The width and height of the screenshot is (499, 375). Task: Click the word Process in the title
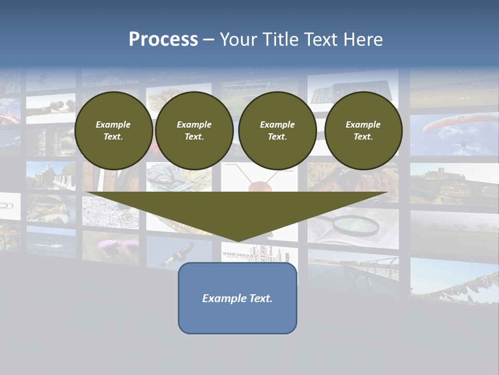[163, 40]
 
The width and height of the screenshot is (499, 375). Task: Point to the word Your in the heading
[237, 40]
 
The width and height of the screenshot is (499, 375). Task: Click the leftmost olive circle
[113, 131]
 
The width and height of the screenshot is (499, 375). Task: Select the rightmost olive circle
[363, 131]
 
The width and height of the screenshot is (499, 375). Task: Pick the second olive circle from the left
[194, 131]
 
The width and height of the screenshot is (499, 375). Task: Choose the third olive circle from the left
[277, 131]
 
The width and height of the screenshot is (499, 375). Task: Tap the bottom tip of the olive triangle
[238, 240]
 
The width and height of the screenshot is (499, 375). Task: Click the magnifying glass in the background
[357, 224]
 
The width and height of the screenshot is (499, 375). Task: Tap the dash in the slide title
[208, 40]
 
